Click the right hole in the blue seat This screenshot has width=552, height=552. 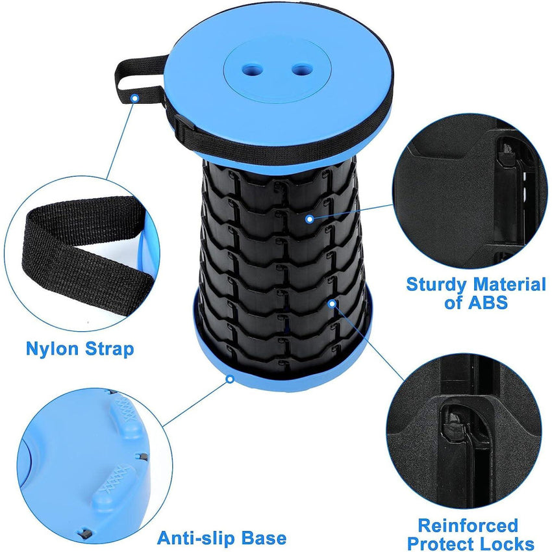point(299,68)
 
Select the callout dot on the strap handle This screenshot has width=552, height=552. point(134,97)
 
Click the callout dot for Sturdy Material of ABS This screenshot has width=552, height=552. point(310,220)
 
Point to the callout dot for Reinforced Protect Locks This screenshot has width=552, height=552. point(332,303)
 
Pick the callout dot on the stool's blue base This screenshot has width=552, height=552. point(229,377)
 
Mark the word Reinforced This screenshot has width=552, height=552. point(468,525)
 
